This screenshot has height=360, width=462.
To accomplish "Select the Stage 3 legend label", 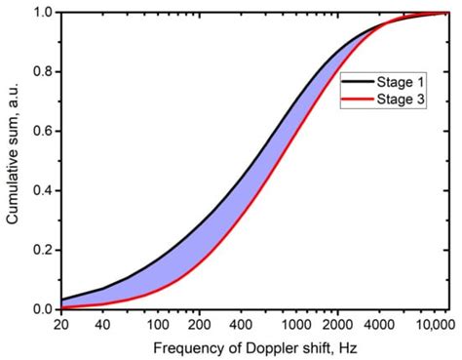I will [399, 100].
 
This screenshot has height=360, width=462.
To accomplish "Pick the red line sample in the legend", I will [356, 100].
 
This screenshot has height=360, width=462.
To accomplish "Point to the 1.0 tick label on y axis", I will [43, 13].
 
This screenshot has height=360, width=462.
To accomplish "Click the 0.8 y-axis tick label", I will [43, 72].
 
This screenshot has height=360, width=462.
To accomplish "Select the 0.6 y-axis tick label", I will [43, 132].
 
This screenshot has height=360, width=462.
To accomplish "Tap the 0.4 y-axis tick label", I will [43, 191].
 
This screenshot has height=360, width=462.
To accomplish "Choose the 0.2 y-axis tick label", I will [43, 250].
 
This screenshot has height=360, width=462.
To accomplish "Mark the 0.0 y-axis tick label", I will [43, 309].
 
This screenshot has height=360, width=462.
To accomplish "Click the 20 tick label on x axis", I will [63, 323].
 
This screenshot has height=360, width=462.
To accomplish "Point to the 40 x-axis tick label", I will [100, 323].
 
